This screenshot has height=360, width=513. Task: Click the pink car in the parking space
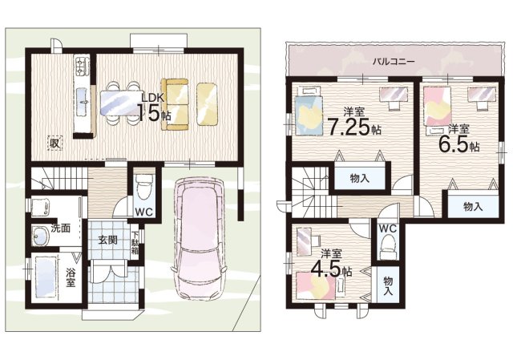click(x=198, y=238)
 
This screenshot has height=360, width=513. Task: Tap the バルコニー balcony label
click(x=394, y=62)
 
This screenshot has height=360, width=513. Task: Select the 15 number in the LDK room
click(x=150, y=112)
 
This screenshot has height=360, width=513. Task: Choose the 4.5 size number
click(x=325, y=269)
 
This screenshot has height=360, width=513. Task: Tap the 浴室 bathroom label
click(x=71, y=277)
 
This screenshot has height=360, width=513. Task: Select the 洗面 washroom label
click(x=62, y=229)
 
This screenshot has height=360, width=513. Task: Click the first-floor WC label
click(x=144, y=212)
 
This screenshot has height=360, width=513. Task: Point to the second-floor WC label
click(x=388, y=229)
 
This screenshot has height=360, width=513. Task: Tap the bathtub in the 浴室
click(x=46, y=277)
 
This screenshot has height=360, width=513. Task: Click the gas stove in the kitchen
click(x=82, y=66)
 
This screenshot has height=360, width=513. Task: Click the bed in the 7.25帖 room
click(x=309, y=111)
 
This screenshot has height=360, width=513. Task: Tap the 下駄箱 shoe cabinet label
click(x=135, y=243)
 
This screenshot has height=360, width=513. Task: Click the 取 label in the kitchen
click(x=55, y=144)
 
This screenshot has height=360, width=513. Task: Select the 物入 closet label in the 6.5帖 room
click(x=473, y=207)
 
